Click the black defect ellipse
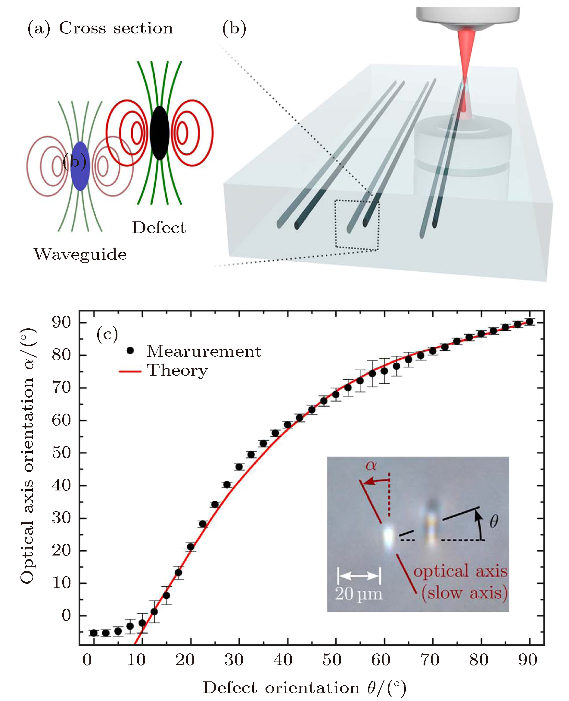click(159, 133)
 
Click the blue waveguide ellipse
click(80, 166)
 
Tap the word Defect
click(159, 227)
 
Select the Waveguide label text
click(80, 254)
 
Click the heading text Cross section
click(116, 28)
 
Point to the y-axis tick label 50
click(61, 453)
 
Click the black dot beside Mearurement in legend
click(130, 351)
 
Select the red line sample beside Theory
click(130, 371)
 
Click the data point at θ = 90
click(529, 322)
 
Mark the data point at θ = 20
click(191, 546)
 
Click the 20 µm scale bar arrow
click(359, 576)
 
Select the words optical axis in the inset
click(461, 571)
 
